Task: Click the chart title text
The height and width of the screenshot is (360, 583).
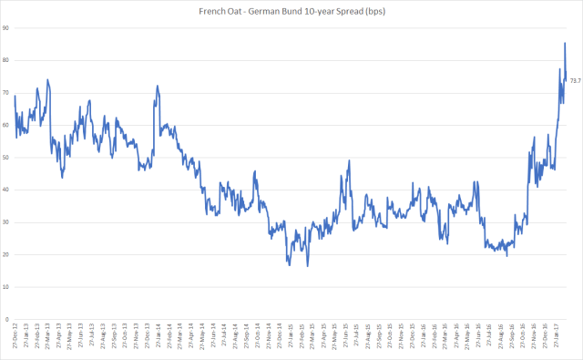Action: (291, 10)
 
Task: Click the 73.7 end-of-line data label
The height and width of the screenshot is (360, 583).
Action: (576, 80)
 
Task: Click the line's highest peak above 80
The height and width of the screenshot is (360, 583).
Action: (565, 43)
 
